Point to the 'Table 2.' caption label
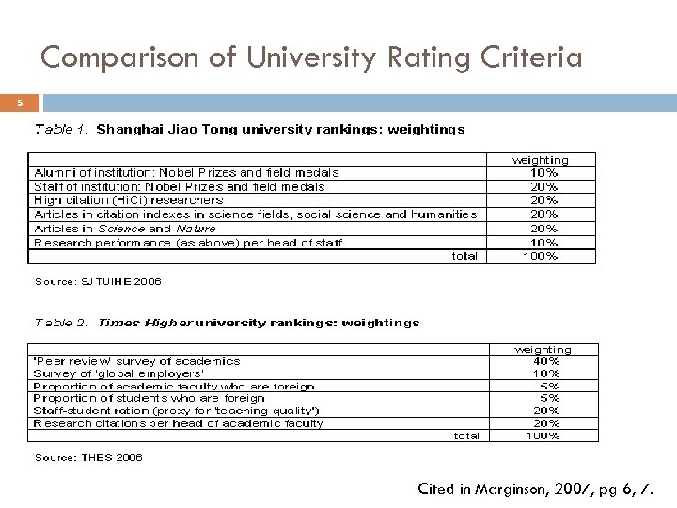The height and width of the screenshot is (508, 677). [x=62, y=323]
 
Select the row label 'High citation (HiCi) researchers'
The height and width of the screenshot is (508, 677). [x=129, y=199]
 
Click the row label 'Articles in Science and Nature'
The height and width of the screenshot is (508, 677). [x=125, y=228]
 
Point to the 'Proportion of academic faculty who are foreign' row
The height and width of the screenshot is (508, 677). [x=161, y=386]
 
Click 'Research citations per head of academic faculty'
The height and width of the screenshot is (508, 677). [x=179, y=423]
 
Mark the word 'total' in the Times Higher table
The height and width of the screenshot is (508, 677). [x=466, y=436]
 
